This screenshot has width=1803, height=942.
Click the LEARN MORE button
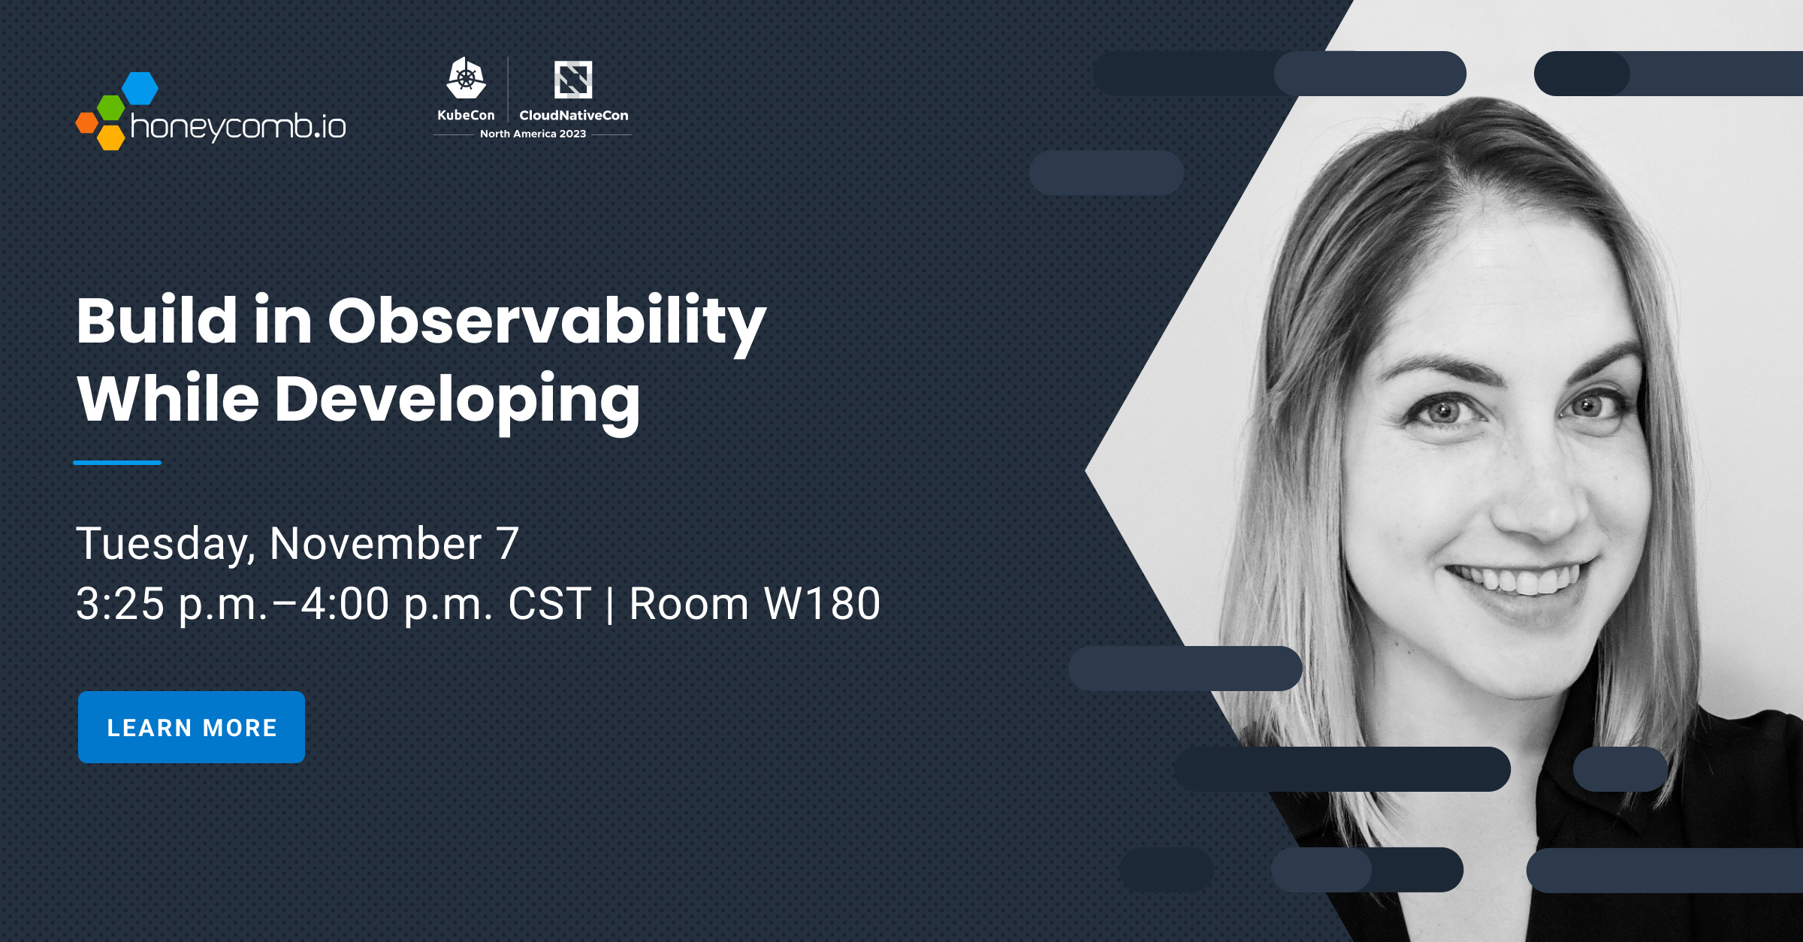[x=192, y=727]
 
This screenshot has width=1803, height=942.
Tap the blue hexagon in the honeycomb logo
[x=140, y=89]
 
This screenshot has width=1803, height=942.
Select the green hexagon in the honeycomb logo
[x=111, y=108]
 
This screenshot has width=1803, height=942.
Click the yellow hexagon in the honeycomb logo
[x=111, y=137]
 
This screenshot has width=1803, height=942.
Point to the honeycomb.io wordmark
[x=238, y=126]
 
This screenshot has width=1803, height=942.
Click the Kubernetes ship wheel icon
[x=466, y=78]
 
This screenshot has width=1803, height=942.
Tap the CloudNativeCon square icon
[x=573, y=80]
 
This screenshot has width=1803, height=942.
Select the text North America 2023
[x=533, y=134]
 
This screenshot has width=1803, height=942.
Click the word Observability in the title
[x=547, y=322]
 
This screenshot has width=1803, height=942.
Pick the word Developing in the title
[x=457, y=401]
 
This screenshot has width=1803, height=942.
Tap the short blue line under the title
[x=117, y=463]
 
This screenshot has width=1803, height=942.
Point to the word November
[x=376, y=543]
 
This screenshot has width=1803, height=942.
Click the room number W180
[x=822, y=603]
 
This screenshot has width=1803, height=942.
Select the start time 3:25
[x=120, y=603]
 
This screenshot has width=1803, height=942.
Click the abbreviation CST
[x=550, y=603]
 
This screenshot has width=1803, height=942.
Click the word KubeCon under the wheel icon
[x=466, y=115]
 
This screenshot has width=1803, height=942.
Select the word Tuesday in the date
[x=165, y=545]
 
